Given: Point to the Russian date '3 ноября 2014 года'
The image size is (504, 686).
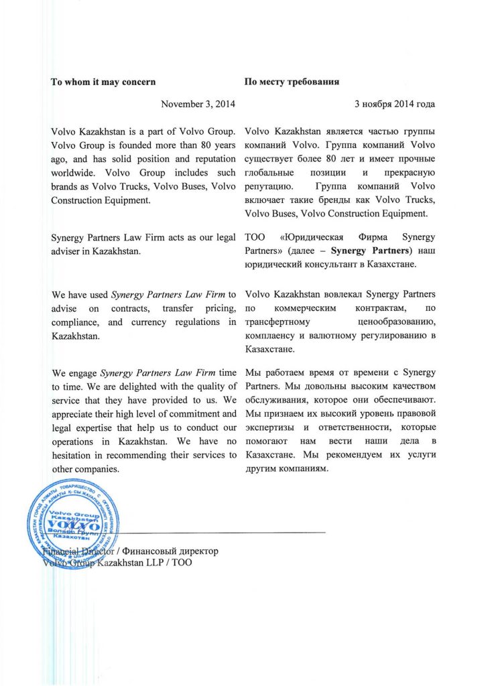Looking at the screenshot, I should pos(394,104).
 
